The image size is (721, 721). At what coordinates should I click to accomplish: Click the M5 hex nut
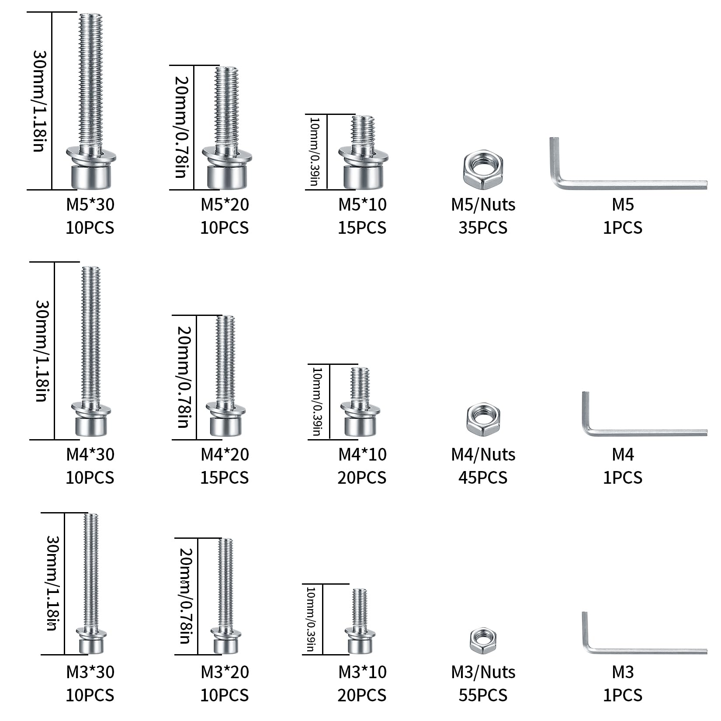click(483, 170)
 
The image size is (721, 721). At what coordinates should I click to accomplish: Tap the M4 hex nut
click(483, 419)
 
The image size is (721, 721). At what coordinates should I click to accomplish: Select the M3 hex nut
click(483, 641)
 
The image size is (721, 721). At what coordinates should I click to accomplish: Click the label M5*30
click(90, 205)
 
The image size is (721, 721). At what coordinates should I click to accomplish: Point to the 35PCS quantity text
click(483, 228)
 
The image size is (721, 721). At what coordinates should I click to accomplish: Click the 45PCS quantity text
click(483, 478)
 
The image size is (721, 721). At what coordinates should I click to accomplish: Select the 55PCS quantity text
click(483, 695)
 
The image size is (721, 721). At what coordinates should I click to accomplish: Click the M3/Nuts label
click(483, 672)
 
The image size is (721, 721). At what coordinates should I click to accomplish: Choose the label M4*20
click(225, 454)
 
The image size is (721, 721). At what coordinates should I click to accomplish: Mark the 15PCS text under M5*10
click(362, 228)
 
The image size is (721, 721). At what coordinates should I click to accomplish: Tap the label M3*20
click(225, 672)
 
